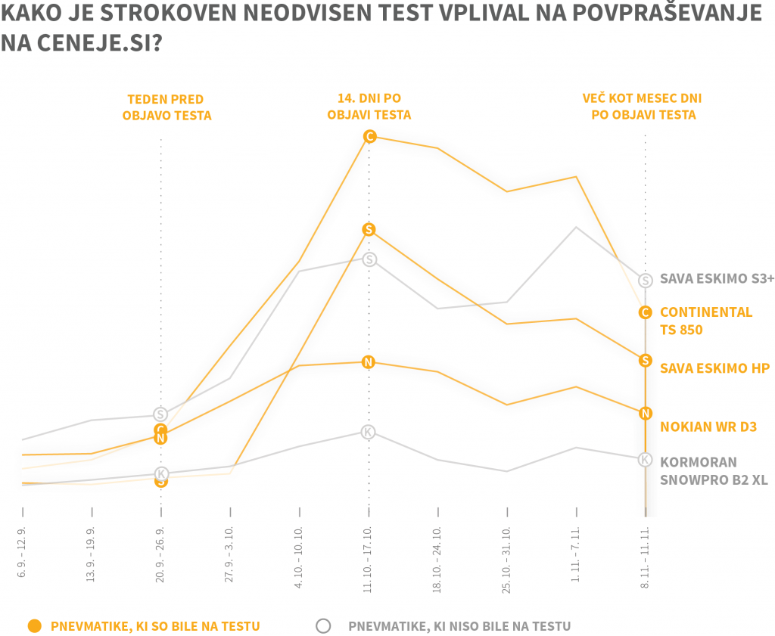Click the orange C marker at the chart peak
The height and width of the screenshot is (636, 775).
pyautogui.click(x=369, y=136)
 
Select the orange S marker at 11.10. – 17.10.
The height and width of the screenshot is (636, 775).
pyautogui.click(x=369, y=229)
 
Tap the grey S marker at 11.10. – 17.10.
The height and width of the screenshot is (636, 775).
pyautogui.click(x=369, y=259)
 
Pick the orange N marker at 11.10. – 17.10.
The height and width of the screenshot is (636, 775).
pyautogui.click(x=369, y=361)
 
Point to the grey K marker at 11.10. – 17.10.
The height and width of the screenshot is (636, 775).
pyautogui.click(x=369, y=432)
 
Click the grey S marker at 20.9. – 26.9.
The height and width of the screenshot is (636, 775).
pyautogui.click(x=160, y=414)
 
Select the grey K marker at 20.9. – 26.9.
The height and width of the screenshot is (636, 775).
pyautogui.click(x=160, y=473)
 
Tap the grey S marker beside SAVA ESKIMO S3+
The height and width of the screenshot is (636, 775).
pyautogui.click(x=645, y=280)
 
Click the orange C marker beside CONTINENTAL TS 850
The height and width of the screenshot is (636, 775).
pyautogui.click(x=645, y=312)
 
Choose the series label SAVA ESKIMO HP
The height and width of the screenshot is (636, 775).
pyautogui.click(x=714, y=368)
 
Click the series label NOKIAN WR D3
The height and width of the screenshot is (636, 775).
pyautogui.click(x=708, y=427)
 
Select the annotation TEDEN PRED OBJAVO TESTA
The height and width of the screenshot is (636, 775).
pyautogui.click(x=165, y=107)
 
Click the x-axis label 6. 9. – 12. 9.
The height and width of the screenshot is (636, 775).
pyautogui.click(x=23, y=552)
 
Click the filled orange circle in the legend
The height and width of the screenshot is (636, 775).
pyautogui.click(x=33, y=625)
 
